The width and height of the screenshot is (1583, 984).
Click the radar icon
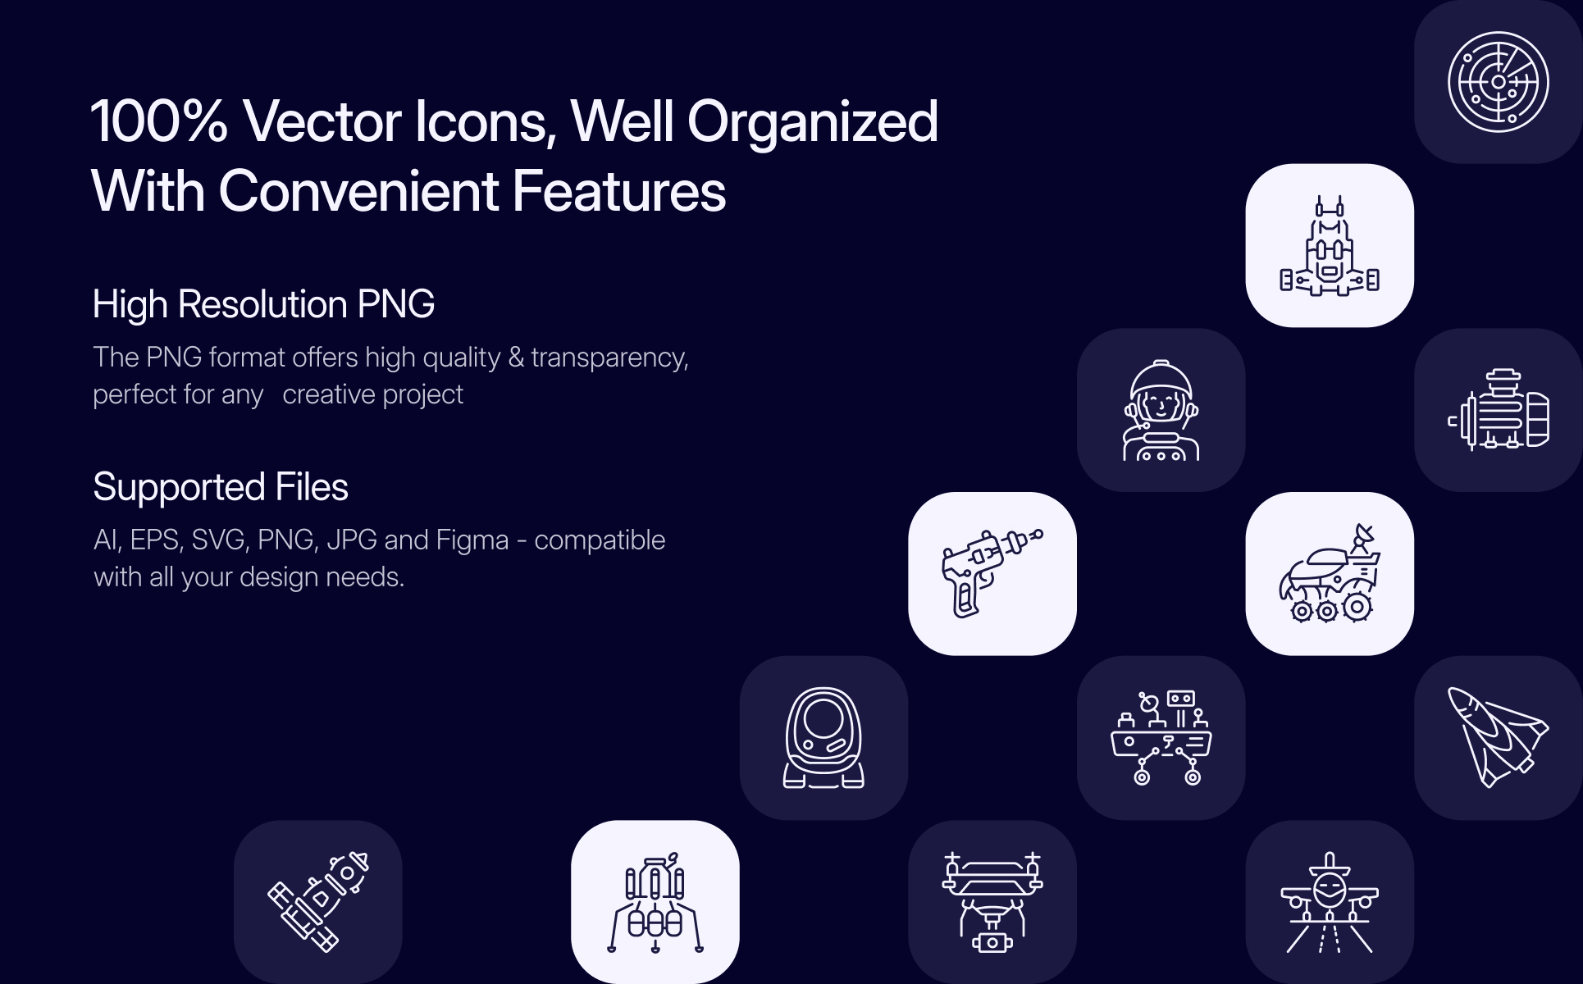pyautogui.click(x=1498, y=82)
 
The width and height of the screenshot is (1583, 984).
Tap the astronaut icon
pyautogui.click(x=1161, y=410)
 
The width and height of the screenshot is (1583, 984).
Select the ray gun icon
pyautogui.click(x=992, y=572)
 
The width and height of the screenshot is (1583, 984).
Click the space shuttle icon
pyautogui.click(x=1498, y=737)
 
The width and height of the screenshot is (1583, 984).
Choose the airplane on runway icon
pyautogui.click(x=1329, y=903)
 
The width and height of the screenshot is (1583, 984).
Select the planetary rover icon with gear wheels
pyautogui.click(x=1329, y=573)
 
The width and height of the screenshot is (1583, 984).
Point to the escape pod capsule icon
pyautogui.click(x=823, y=737)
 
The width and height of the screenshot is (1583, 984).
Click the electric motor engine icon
pyautogui.click(x=1498, y=409)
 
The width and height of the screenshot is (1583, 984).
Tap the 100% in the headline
pyautogui.click(x=159, y=121)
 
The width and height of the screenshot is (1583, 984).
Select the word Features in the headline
pyautogui.click(x=619, y=191)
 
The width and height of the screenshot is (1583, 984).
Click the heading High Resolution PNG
pyautogui.click(x=263, y=304)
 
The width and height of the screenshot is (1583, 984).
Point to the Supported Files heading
pyautogui.click(x=221, y=487)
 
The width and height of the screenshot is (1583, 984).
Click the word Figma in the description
pyautogui.click(x=472, y=540)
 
